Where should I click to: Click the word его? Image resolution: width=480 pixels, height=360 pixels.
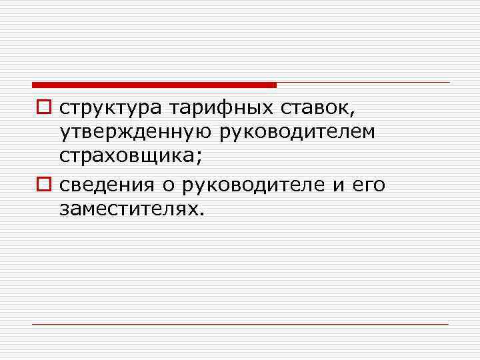click(x=367, y=185)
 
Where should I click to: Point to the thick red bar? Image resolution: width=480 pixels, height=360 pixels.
click(x=154, y=85)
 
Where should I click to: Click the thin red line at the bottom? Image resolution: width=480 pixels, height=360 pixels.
click(x=240, y=325)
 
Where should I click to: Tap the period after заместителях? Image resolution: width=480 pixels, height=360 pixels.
click(x=198, y=214)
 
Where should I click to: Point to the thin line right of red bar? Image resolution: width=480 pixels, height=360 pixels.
click(x=363, y=83)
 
